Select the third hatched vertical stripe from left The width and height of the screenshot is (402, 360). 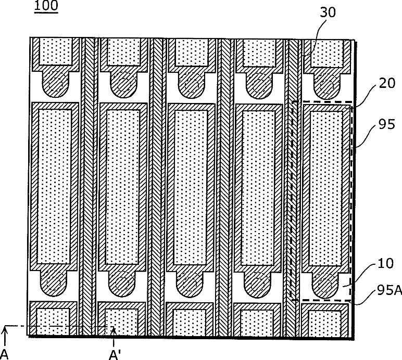(225, 187)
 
